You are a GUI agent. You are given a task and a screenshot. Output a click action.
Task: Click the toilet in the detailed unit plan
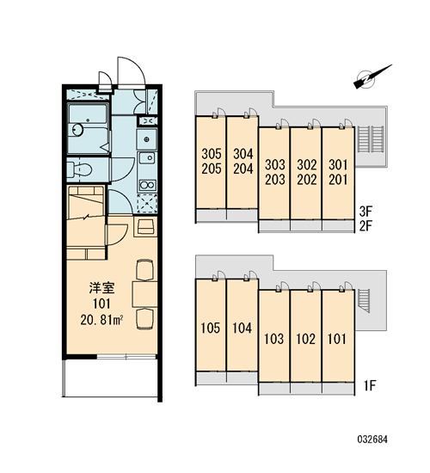pos(79,170)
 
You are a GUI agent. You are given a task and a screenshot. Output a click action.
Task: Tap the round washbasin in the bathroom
pos(78,131)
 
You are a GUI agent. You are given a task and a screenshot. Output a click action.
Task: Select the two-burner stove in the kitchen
pos(147,185)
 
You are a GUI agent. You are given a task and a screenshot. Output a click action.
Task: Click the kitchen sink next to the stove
pos(147,158)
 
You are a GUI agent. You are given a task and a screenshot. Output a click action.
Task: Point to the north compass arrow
pos(372,77)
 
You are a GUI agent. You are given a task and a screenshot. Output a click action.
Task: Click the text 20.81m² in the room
pos(101,320)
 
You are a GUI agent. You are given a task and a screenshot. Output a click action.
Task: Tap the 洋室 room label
pos(101,288)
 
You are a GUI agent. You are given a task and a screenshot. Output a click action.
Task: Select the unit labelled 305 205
pos(211,162)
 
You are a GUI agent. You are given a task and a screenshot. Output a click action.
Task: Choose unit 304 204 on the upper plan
pos(243,162)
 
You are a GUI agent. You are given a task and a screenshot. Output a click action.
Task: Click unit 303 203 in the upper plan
pos(274,173)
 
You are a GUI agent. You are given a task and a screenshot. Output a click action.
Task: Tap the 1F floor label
pos(369,385)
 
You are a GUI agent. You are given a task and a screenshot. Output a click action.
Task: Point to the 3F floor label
pos(366,212)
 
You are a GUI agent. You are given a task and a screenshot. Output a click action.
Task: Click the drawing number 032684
pos(372,439)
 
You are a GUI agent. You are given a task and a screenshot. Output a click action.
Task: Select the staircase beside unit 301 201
pos(371,139)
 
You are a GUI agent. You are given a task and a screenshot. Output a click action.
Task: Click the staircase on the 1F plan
pos(364,301)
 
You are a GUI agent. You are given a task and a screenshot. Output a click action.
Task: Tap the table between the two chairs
pos(144,294)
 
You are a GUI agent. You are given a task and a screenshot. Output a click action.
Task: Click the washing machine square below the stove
pos(147,204)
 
